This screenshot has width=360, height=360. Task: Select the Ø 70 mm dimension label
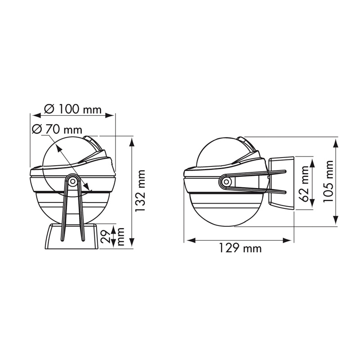[x=58, y=130]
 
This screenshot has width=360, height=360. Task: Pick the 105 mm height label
[x=330, y=181]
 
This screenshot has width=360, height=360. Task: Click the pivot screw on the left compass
[x=72, y=181]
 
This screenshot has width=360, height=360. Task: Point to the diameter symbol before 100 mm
[x=50, y=109]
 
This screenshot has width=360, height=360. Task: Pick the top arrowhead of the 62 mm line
[x=297, y=161]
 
